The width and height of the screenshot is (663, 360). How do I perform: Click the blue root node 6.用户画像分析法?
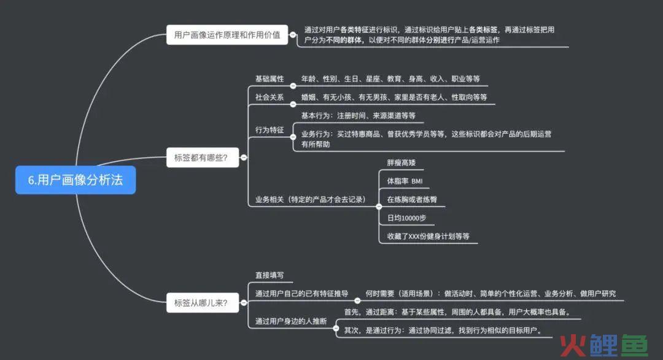coord(76,180)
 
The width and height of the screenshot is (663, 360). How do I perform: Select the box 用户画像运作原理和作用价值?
coord(227,34)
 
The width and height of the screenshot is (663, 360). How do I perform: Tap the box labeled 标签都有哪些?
coord(203,157)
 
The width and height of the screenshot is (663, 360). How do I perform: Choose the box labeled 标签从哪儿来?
coord(203,302)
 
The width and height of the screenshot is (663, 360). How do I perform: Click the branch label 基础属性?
coord(269,79)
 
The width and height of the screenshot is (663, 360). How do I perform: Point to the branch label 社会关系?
coord(269,97)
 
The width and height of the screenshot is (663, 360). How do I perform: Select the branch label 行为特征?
coord(269,130)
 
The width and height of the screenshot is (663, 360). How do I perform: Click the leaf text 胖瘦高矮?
coord(401,162)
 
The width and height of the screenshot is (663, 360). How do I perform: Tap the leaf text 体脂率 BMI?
coord(405,181)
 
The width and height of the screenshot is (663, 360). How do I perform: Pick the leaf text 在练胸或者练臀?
coord(412,199)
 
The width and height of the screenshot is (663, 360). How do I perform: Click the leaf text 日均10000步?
coord(406,218)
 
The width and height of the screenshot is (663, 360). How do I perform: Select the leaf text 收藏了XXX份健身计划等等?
coord(428,236)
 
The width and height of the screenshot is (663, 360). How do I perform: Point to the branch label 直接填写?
coord(269,275)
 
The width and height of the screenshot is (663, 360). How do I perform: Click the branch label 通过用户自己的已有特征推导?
coord(301,294)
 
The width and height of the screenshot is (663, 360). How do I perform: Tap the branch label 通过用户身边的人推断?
coord(291,321)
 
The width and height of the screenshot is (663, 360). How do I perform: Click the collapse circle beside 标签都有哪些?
coord(244,157)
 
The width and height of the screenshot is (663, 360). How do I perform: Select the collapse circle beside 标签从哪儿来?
coord(244,302)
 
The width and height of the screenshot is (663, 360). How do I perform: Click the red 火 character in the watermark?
coord(573,346)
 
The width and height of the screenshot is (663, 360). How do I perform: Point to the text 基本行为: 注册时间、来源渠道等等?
coord(358,115)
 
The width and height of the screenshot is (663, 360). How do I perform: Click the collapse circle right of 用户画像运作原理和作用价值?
coord(293,34)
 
